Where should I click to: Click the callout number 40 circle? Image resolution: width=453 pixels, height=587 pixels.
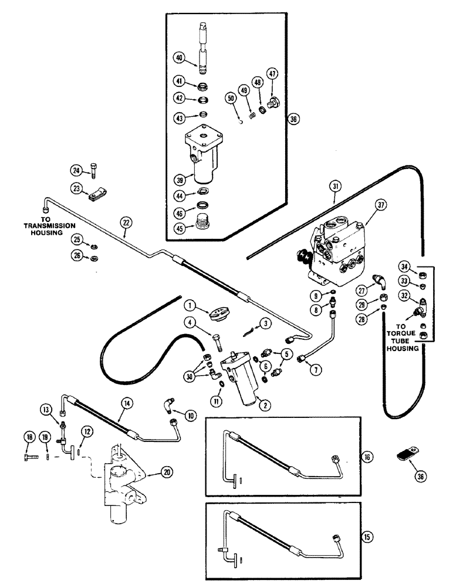[x=178, y=57]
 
